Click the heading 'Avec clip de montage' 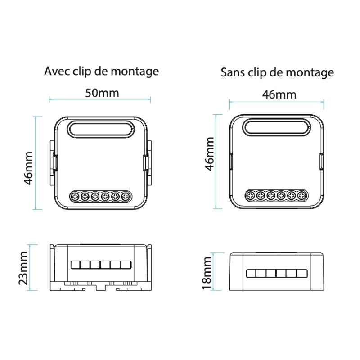point(102,71)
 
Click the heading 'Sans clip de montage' point(277,72)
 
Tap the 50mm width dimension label point(102,93)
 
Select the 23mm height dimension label point(23,268)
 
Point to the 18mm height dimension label point(207,273)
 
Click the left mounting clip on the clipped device point(52,162)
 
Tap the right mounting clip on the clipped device point(148,162)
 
